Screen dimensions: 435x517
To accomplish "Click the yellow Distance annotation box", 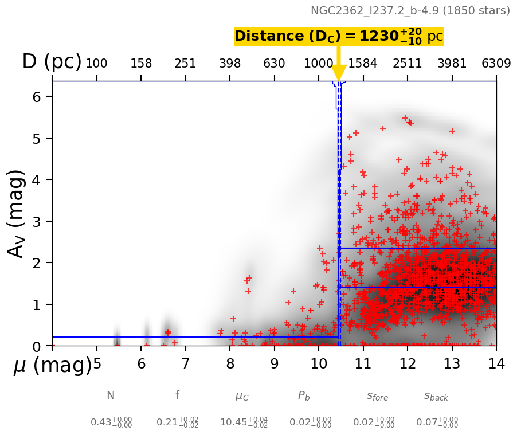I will [339, 37].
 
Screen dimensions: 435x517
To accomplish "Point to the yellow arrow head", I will [339, 73].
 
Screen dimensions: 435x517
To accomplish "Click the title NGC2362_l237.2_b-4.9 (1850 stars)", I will [410, 11].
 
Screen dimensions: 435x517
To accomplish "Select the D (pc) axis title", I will [52, 62].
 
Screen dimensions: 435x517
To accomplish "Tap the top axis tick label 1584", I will [363, 64].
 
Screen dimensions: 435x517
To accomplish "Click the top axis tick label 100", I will [96, 64].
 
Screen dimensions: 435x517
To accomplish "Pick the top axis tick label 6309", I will [496, 64].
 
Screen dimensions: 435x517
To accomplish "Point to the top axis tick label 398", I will [230, 64].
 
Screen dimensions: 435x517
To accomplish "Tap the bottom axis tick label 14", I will [496, 364].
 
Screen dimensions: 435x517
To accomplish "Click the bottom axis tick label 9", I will [274, 364].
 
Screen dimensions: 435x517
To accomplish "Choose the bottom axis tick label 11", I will [363, 364].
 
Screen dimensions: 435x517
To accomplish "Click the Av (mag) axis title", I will [17, 213].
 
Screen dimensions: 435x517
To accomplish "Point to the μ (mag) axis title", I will [52, 366].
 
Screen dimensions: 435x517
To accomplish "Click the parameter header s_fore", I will [377, 396].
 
